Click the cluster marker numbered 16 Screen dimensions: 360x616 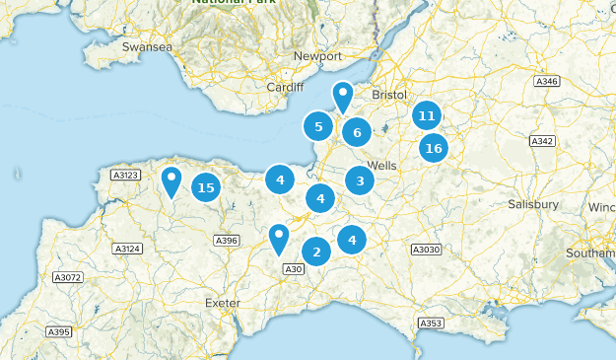[x=433, y=149]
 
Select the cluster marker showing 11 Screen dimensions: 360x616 [x=426, y=115]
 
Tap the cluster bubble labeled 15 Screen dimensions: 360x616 [x=205, y=187]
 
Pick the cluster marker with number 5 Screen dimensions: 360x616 [x=317, y=126]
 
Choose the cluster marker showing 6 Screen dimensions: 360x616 [x=357, y=132]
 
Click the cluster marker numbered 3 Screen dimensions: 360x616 [x=360, y=180]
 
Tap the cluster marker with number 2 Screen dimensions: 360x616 [x=315, y=252]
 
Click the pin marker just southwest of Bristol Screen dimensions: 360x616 [x=342, y=97]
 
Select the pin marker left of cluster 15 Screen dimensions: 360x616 [x=172, y=180]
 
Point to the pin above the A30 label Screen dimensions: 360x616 [x=279, y=239]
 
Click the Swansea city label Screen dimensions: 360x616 [x=147, y=46]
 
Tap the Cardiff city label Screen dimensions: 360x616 [x=286, y=87]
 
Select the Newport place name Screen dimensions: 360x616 [x=316, y=56]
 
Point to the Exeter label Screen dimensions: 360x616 [x=222, y=303]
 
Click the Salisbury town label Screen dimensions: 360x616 [x=533, y=204]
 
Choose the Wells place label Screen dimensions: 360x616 [x=381, y=165]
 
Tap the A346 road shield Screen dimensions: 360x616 [x=547, y=80]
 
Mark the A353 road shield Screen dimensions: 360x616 [x=431, y=324]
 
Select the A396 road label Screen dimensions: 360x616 [x=227, y=240]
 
